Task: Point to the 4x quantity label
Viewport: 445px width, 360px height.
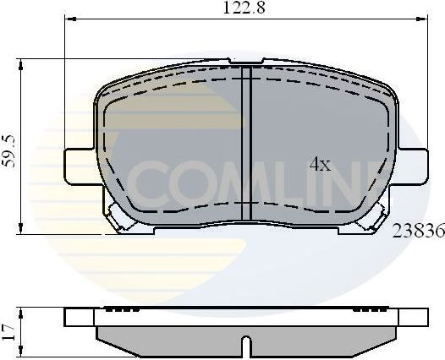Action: point(319,164)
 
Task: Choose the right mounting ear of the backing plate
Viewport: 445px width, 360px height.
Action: point(413,164)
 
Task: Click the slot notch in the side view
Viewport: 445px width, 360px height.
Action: point(246,345)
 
